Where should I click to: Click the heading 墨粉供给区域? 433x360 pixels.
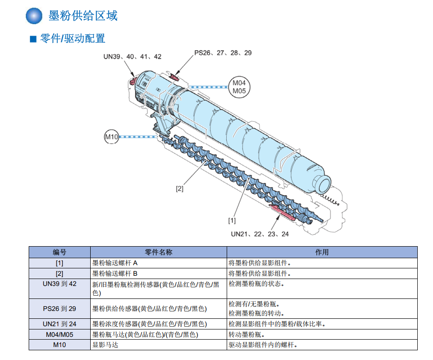tap(83, 16)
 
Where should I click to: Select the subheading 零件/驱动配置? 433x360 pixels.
tap(73, 38)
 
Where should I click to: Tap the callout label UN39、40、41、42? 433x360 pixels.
tap(132, 56)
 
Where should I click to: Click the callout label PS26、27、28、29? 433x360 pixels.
tap(223, 53)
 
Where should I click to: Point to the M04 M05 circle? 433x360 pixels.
tap(239, 87)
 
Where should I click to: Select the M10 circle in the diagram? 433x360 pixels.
tap(111, 137)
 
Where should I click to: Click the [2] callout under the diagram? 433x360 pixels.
tap(179, 189)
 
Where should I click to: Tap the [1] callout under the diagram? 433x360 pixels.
tap(232, 220)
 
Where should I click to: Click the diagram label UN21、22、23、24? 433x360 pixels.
tap(260, 234)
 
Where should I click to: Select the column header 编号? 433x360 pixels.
tap(60, 252)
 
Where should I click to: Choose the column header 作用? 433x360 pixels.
tap(322, 252)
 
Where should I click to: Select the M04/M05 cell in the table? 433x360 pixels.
tap(60, 334)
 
